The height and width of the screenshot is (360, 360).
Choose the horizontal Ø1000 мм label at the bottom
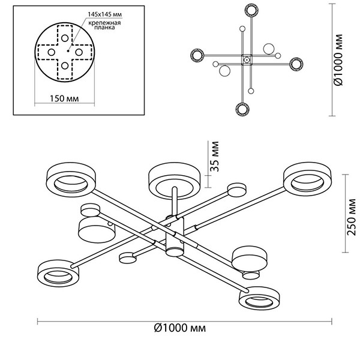click(179, 328)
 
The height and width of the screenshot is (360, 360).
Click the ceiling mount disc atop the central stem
click(173, 178)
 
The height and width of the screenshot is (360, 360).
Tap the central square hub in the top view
click(246, 60)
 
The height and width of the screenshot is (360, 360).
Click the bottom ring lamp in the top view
click(242, 109)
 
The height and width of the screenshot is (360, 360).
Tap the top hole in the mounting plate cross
click(65, 38)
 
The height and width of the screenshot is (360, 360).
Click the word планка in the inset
click(103, 28)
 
